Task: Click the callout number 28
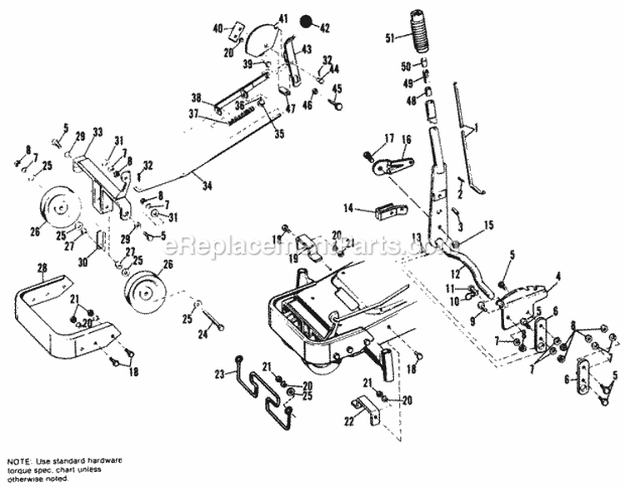[x=40, y=267]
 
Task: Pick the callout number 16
[x=407, y=140]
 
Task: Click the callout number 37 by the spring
[x=192, y=114]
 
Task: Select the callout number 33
[x=97, y=132]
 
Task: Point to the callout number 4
[x=558, y=276]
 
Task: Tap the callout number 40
[x=217, y=27]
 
